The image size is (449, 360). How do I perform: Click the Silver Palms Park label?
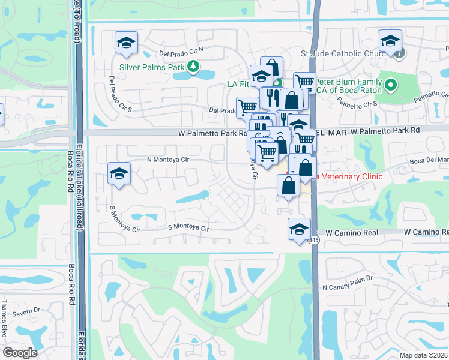(152, 67)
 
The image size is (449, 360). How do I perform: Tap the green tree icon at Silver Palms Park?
(193, 67)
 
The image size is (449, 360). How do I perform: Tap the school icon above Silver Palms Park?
(127, 43)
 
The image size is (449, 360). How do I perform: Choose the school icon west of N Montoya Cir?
(119, 174)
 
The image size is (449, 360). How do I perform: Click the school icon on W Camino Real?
(299, 229)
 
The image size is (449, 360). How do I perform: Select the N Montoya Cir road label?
(168, 160)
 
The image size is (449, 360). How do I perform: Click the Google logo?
(20, 352)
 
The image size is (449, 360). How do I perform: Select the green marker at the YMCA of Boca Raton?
(391, 85)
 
